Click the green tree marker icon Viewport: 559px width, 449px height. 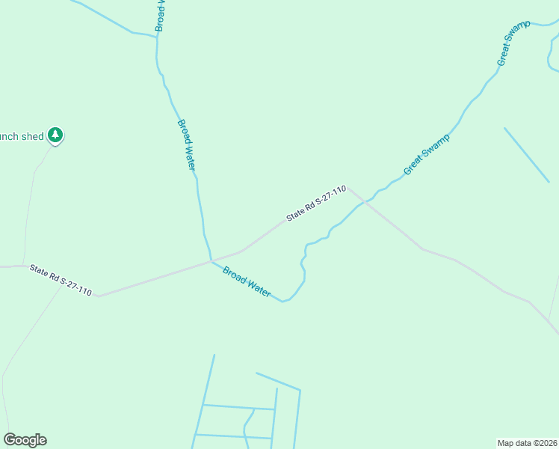click(55, 135)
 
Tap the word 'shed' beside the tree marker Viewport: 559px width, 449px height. click(32, 136)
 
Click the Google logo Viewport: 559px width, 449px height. click(25, 440)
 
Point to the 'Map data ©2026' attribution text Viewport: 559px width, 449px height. click(528, 442)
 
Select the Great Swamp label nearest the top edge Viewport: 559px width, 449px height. click(513, 43)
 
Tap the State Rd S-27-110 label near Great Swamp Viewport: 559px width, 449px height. click(316, 204)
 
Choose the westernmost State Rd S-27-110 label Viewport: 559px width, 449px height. click(61, 280)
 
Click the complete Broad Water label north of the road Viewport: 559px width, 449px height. click(186, 144)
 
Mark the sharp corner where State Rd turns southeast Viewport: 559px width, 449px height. click(348, 187)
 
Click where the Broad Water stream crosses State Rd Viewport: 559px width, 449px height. click(211, 261)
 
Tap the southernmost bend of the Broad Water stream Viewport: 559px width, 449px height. click(282, 302)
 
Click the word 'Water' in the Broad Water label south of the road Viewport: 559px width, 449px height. click(258, 288)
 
